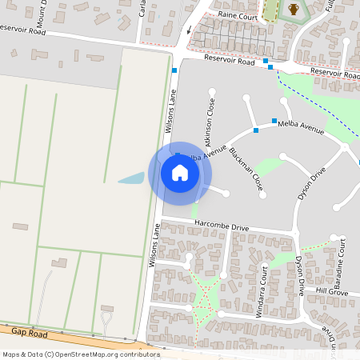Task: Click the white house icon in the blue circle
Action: coord(179,173)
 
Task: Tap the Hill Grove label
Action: coord(332,291)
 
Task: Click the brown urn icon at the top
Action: coord(294,10)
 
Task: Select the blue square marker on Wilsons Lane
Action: coord(174,71)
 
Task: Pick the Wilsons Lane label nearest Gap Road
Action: coord(154,245)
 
